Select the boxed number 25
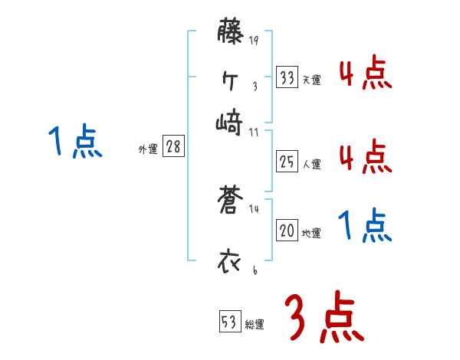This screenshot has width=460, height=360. (x=287, y=161)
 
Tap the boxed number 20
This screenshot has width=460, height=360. (x=287, y=231)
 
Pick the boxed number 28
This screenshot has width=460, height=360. (x=173, y=147)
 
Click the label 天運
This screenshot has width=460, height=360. (x=311, y=80)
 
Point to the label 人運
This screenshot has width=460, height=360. (x=311, y=163)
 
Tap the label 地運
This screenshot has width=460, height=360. (x=311, y=234)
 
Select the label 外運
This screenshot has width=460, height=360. (x=147, y=150)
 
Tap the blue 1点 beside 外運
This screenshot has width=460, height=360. (x=74, y=142)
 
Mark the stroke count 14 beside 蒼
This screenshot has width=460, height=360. (x=254, y=208)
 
